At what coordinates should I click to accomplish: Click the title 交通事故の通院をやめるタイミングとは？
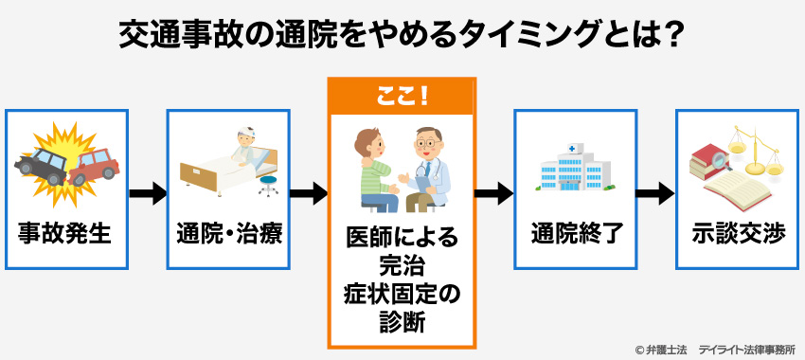coord(402,36)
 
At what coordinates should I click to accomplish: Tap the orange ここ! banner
coord(402,95)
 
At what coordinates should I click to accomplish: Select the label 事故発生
coord(65,233)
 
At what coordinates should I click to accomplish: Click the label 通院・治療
coord(228,233)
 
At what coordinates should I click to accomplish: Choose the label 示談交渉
coord(738,233)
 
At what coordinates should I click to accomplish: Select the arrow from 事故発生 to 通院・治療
coord(147,194)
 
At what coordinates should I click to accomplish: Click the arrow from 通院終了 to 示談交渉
coord(654,194)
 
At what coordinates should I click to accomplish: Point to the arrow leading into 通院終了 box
coord(493,194)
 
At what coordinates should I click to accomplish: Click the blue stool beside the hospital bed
coord(269,183)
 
